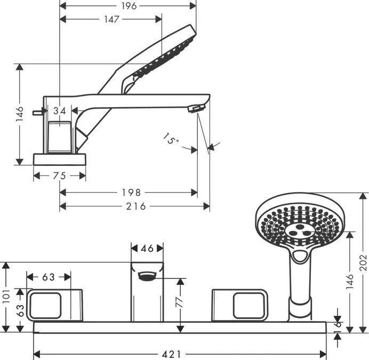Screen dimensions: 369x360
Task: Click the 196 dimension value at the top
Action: click(x=129, y=6)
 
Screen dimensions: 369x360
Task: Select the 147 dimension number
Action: click(x=112, y=19)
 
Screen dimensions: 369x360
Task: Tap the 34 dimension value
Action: click(x=60, y=110)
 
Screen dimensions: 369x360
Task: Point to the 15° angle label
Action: click(x=171, y=139)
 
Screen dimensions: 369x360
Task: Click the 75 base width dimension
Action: click(x=59, y=176)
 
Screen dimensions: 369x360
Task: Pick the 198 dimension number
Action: click(x=131, y=193)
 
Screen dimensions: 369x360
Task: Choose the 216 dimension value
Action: click(x=136, y=206)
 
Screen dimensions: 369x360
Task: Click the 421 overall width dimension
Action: click(x=172, y=354)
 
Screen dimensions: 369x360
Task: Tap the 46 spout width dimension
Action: click(x=147, y=249)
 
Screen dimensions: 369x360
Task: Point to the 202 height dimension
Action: click(x=364, y=263)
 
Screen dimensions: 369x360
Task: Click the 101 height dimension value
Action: click(x=6, y=296)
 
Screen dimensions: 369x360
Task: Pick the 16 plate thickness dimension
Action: click(x=338, y=327)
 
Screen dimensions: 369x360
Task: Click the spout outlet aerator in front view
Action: click(x=147, y=276)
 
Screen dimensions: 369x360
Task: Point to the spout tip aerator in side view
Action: click(x=196, y=109)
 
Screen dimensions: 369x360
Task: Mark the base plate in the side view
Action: click(x=60, y=159)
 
